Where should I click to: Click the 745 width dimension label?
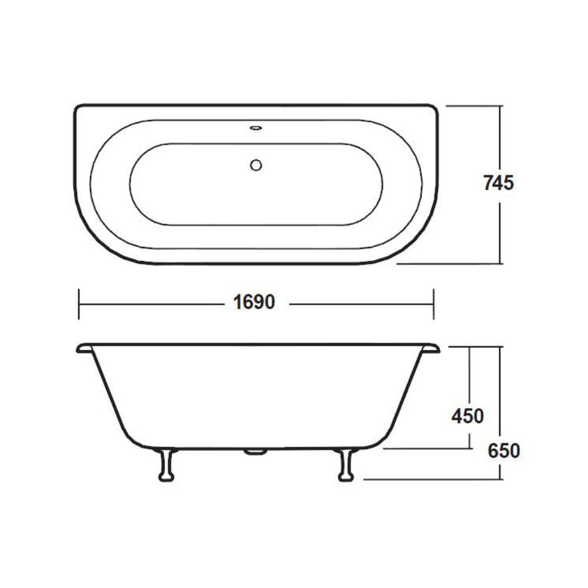pyautogui.click(x=499, y=183)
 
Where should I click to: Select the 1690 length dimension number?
pyautogui.click(x=254, y=302)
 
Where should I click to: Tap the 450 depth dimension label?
pyautogui.click(x=467, y=416)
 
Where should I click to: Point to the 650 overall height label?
pyautogui.click(x=504, y=450)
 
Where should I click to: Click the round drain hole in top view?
pyautogui.click(x=256, y=165)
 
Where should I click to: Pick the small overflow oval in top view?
pyautogui.click(x=256, y=128)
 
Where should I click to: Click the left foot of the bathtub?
pyautogui.click(x=166, y=465)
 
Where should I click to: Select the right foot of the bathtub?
pyautogui.click(x=346, y=465)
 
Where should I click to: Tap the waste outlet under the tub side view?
pyautogui.click(x=255, y=452)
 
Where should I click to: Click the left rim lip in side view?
pyautogui.click(x=84, y=348)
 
